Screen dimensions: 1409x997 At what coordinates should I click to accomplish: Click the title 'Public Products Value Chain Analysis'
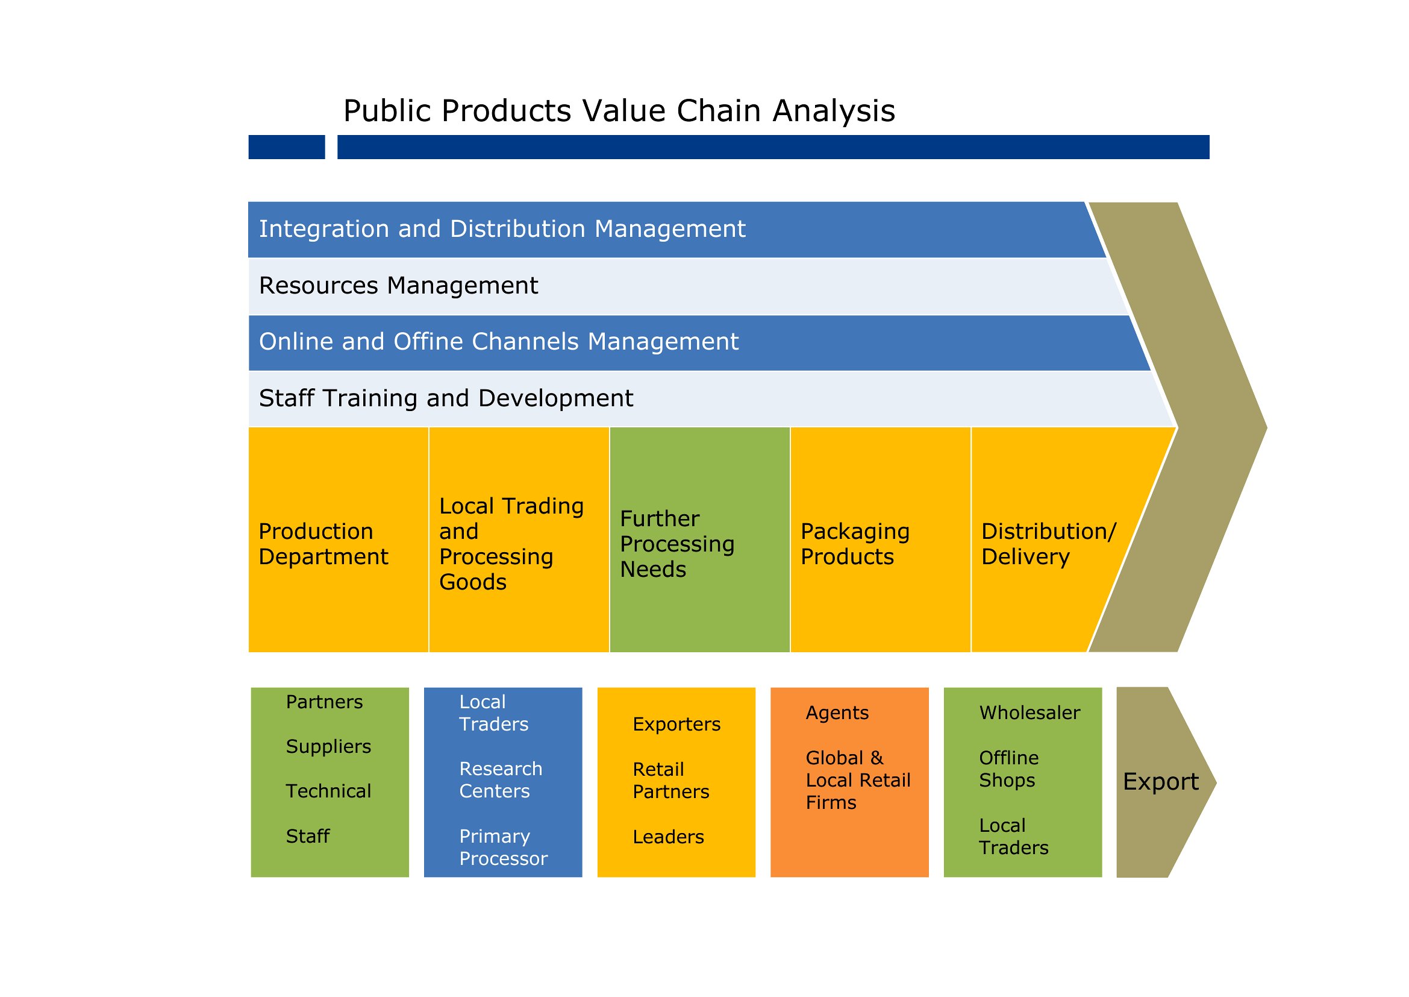pos(619,111)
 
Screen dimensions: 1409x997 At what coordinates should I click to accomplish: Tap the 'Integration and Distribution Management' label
pos(502,229)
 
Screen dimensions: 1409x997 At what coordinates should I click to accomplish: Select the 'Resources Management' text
pos(398,286)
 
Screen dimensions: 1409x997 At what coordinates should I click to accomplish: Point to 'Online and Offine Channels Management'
pos(498,342)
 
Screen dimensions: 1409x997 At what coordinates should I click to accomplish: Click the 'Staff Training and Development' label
pos(446,398)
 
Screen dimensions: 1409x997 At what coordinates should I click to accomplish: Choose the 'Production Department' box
pos(338,539)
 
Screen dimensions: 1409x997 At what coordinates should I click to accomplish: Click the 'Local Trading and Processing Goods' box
pos(519,539)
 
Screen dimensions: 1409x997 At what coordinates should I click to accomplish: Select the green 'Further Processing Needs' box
pos(699,539)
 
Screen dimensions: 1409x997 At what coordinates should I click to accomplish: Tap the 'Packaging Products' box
pos(881,539)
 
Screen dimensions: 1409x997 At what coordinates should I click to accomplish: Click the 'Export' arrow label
pos(1160,782)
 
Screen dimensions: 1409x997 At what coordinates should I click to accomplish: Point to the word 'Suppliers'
pos(328,746)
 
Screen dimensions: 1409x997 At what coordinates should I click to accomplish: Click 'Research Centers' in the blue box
pos(501,779)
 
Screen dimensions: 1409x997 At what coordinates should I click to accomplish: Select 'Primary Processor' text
pos(503,847)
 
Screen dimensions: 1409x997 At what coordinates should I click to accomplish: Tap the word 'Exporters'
pos(676,725)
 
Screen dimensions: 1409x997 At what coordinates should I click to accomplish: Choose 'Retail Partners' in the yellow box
pos(670,780)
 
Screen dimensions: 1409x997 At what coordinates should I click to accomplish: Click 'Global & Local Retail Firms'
pos(858,780)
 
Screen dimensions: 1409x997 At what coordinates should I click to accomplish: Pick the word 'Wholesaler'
pos(1029,712)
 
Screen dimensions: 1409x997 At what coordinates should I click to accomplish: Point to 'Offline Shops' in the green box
pos(1009,769)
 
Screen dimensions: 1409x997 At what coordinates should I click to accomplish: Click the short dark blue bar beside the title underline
pos(287,147)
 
